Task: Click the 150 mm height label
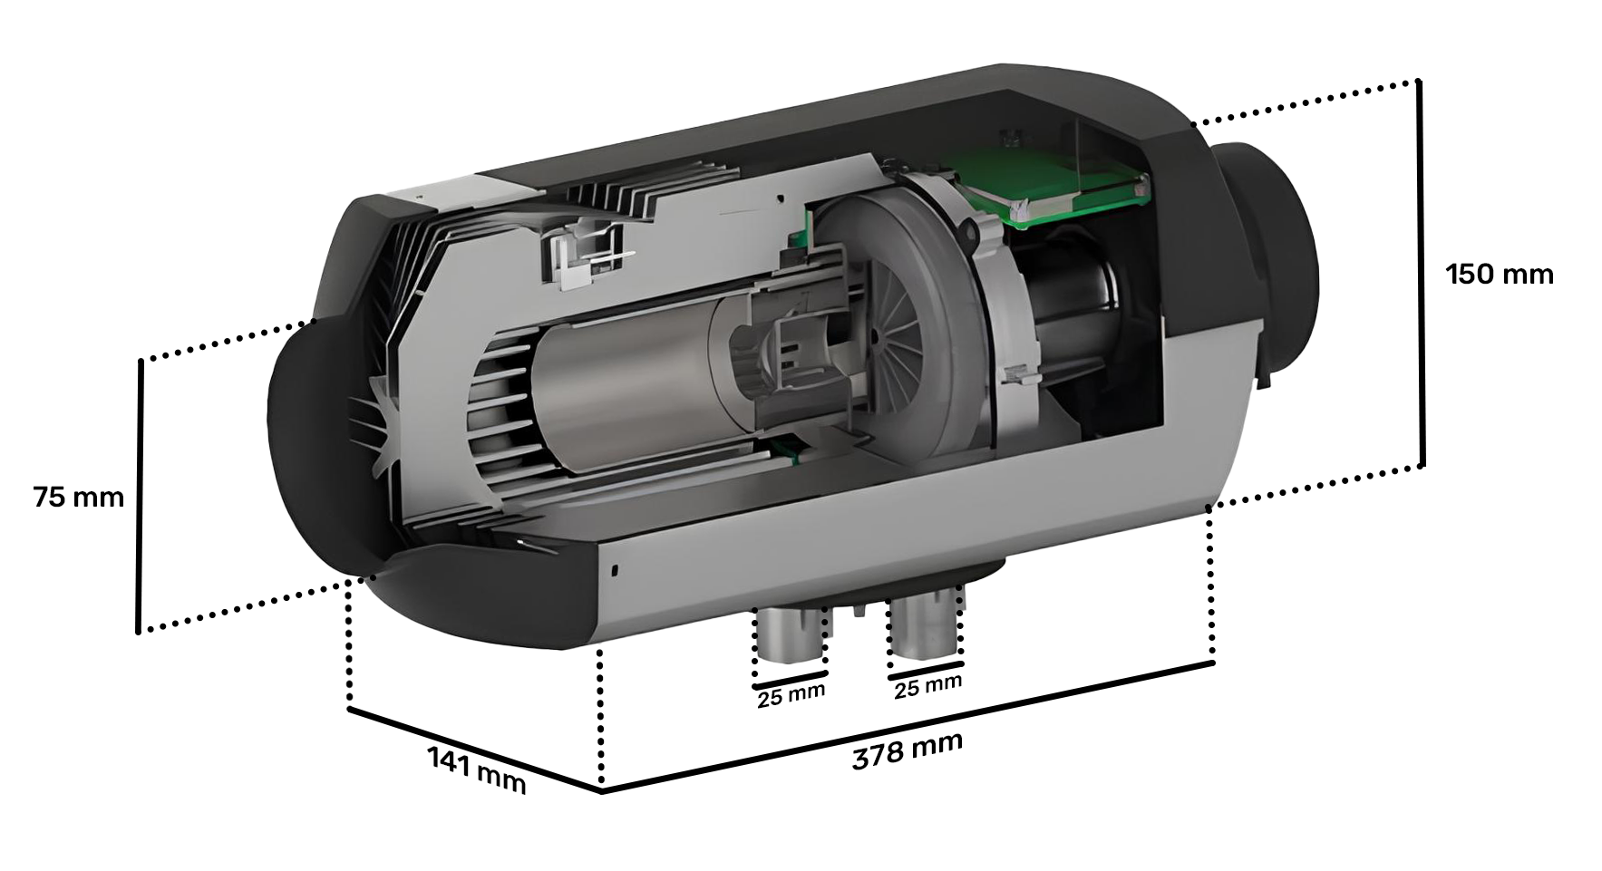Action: click(1499, 274)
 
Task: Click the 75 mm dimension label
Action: click(78, 498)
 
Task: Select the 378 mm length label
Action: click(907, 750)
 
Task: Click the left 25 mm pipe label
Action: click(791, 695)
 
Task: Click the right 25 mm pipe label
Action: click(927, 686)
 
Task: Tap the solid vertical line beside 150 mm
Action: click(1421, 274)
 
